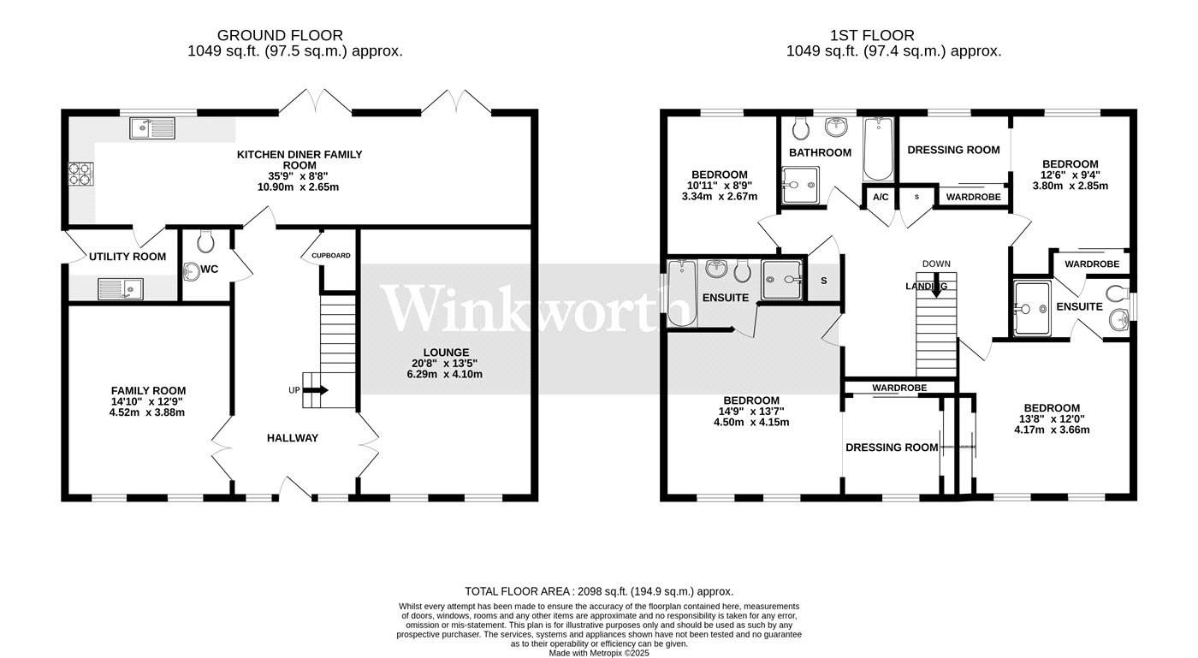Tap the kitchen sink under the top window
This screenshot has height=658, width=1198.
pos(151,128)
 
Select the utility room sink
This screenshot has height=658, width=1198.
pos(119,288)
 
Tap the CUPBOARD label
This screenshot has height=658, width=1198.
pos(330,256)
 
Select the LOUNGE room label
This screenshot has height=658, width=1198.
pos(445,353)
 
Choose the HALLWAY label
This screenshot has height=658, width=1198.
pos(292,438)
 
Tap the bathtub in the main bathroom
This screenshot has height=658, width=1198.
pos(878,149)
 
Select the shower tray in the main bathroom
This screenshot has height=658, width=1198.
pos(799,186)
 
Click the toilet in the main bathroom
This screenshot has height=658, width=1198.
pos(802,128)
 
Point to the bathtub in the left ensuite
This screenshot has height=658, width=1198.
pos(682,293)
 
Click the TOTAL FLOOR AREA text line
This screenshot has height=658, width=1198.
pos(599,591)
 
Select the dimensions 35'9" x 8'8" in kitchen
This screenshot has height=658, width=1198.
pos(299,175)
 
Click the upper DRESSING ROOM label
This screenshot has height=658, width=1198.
pos(953,150)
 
